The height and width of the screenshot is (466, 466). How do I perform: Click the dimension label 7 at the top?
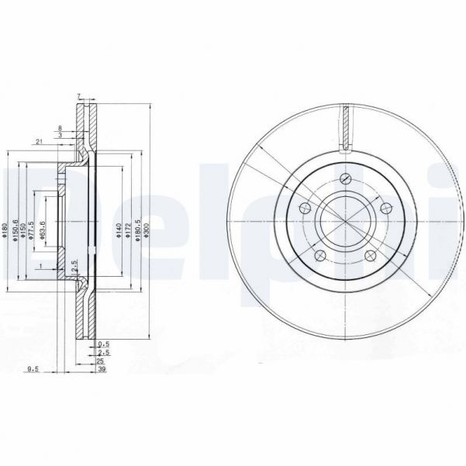coord(79,95)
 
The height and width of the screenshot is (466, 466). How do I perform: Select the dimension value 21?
coord(37,141)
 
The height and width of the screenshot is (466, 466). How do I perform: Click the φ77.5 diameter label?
coord(33,230)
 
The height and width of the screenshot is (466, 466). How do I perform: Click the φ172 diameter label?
coord(128,230)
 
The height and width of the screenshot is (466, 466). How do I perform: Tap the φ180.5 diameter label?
coord(138,230)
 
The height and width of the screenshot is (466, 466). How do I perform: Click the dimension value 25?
coord(100,361)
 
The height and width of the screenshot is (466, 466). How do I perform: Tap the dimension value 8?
coord(60,126)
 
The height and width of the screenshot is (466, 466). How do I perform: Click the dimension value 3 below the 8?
coord(60,135)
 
